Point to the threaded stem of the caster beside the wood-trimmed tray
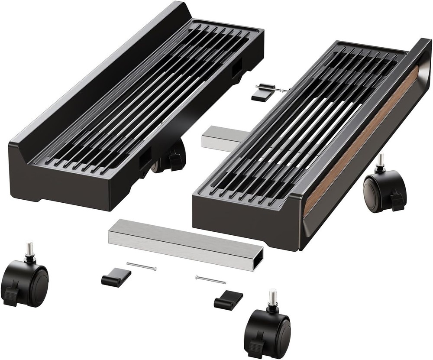(x=381, y=161)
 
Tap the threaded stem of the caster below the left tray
(x=29, y=248)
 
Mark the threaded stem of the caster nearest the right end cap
(x=272, y=297)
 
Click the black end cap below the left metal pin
(x=116, y=277)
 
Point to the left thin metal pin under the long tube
(x=142, y=266)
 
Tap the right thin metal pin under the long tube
(x=210, y=280)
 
